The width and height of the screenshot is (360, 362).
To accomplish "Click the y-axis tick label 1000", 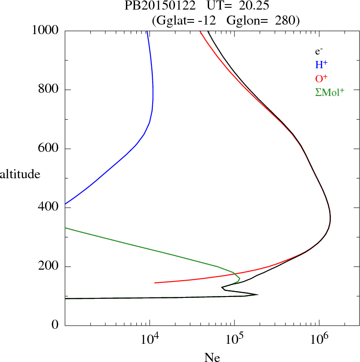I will coord(45,31).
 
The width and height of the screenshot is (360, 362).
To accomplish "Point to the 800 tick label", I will coord(49,90).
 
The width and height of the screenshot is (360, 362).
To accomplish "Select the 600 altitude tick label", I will coord(49,149).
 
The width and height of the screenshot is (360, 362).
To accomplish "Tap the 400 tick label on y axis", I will coord(49,208).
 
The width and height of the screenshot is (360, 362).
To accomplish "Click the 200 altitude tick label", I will coord(49,266).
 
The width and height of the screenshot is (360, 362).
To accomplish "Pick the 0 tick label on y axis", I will coord(56,326).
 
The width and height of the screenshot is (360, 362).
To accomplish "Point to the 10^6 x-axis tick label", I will coord(321,338).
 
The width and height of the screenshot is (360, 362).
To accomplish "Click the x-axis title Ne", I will coord(212,357).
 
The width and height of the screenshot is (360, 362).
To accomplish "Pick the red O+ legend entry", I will coord(321,79).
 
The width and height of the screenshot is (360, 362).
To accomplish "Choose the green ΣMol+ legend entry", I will coord(330,92).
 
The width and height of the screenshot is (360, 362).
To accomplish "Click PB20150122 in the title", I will coord(154,6).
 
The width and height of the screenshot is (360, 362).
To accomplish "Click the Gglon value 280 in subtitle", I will coord(285,20).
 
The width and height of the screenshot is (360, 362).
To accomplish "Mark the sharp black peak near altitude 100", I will coord(258,294).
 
